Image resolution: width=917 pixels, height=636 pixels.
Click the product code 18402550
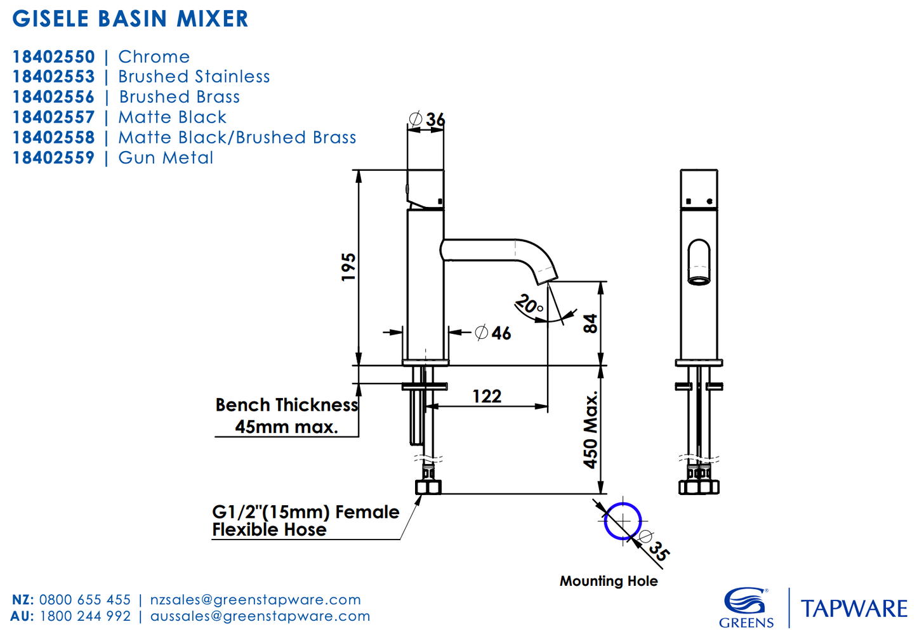coord(53,57)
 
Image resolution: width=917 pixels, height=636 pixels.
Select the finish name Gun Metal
coord(166,158)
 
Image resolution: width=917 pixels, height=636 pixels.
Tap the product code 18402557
coord(53,117)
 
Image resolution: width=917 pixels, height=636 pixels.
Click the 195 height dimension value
coord(348,267)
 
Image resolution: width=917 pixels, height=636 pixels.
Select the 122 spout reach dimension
coord(487,397)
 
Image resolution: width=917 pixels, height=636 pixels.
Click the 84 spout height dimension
coord(590,324)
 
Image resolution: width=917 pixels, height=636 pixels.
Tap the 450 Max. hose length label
coord(591,430)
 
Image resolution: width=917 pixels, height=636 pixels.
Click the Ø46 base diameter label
coord(493,333)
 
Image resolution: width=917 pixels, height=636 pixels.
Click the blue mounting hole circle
coord(623,521)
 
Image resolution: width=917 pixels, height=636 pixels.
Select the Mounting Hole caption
coord(608,581)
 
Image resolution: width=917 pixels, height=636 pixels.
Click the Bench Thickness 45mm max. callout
coord(287,416)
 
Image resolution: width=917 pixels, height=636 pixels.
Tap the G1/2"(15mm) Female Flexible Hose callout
coord(305,520)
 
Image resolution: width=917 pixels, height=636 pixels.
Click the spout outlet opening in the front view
coord(699,280)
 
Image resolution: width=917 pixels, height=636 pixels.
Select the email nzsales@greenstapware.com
coord(255,600)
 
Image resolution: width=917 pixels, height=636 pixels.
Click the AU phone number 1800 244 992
coord(85,616)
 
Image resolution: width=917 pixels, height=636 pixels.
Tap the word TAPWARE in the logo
coord(854,609)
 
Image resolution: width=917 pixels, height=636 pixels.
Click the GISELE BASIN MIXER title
coord(131,19)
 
